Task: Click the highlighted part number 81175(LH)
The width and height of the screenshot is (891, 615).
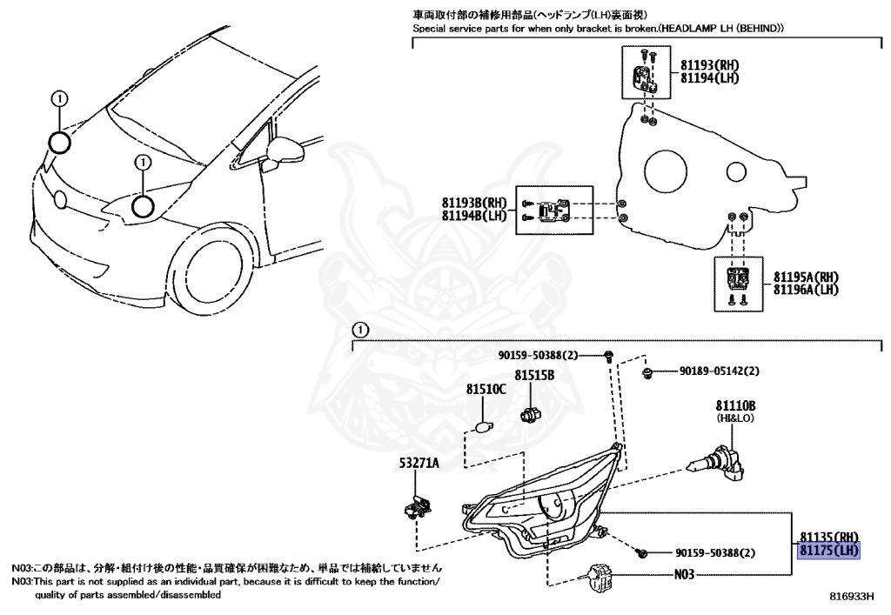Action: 829,550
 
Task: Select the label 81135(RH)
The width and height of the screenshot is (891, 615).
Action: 829,536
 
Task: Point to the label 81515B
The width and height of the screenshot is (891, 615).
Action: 533,376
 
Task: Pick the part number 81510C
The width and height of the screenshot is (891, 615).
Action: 486,390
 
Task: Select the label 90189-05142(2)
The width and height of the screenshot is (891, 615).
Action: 719,371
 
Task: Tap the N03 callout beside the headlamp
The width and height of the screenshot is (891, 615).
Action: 687,574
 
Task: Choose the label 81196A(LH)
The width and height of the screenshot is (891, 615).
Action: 807,289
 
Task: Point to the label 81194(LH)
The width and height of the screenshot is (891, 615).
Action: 710,78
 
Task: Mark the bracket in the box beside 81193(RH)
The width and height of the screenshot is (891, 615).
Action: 644,77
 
